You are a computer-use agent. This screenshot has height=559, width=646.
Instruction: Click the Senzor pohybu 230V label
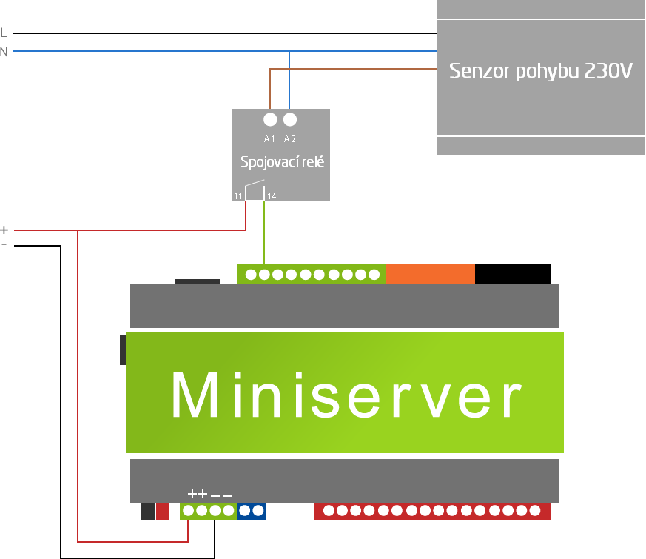click(541, 72)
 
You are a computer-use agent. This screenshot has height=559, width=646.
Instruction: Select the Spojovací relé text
click(282, 161)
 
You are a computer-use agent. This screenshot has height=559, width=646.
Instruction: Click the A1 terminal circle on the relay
click(270, 119)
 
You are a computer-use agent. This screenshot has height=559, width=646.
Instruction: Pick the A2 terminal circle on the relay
click(290, 119)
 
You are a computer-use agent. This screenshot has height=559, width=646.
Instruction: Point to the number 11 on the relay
click(238, 196)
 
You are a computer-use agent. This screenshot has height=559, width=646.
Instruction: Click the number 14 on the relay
click(272, 196)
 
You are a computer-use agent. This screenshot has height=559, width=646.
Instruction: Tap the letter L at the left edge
click(4, 33)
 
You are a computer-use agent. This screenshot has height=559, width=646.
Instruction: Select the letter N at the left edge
click(4, 52)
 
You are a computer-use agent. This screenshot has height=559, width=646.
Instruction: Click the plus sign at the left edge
click(4, 230)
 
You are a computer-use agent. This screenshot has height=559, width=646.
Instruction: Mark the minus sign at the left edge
click(4, 244)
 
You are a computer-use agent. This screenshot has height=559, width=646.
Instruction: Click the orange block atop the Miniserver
click(430, 274)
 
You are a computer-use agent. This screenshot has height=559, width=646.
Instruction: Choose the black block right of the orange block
click(512, 274)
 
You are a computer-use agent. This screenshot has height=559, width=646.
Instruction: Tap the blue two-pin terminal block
click(251, 511)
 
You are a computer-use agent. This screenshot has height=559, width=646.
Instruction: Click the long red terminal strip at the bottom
click(432, 511)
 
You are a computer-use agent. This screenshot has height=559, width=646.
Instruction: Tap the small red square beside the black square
click(163, 511)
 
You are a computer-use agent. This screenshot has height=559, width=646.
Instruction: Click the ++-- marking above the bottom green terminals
click(209, 494)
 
